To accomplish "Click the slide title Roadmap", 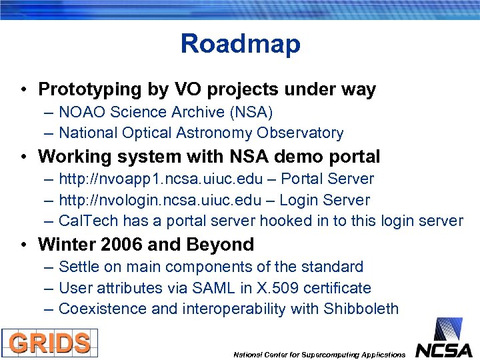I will pos(240,44).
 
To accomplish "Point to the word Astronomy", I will pos(213,133).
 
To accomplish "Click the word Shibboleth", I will pos(361,309).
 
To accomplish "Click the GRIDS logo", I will pos(49,343).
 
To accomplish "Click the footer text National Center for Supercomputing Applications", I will pos(319,355).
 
